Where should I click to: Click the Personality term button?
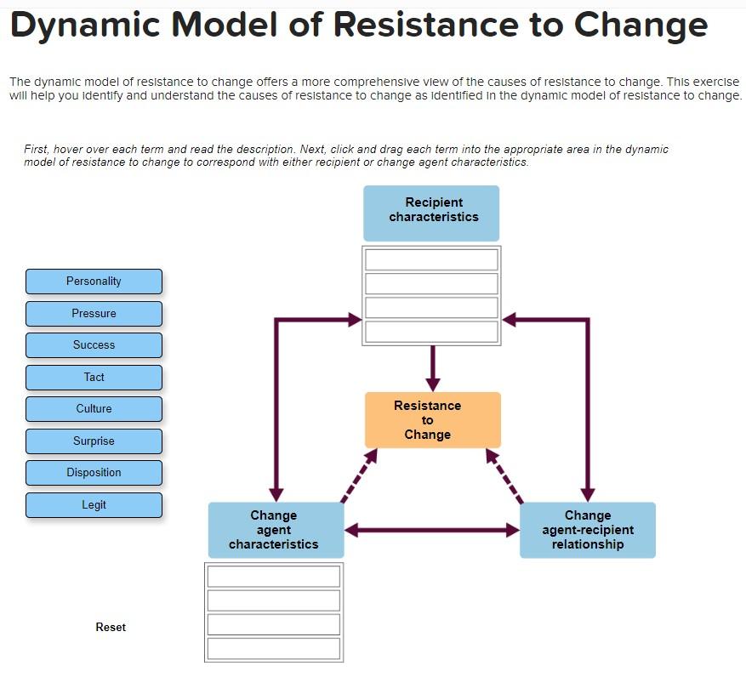[94, 282]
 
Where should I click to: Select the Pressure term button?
[94, 314]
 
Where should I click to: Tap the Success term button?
[94, 345]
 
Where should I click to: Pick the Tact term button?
[94, 378]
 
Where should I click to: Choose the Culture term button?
[94, 409]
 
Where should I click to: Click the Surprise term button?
[94, 441]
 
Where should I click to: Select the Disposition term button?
[94, 473]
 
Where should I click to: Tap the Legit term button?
[94, 505]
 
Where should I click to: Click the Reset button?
[111, 627]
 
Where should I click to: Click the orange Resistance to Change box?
[432, 420]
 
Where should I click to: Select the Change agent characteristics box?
[276, 530]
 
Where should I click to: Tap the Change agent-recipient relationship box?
[587, 530]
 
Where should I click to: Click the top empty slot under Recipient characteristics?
[431, 259]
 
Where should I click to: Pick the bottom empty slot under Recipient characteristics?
[431, 332]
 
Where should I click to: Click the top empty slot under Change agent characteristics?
[273, 577]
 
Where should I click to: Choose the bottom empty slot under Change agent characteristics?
[273, 648]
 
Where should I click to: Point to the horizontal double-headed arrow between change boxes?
[432, 531]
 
